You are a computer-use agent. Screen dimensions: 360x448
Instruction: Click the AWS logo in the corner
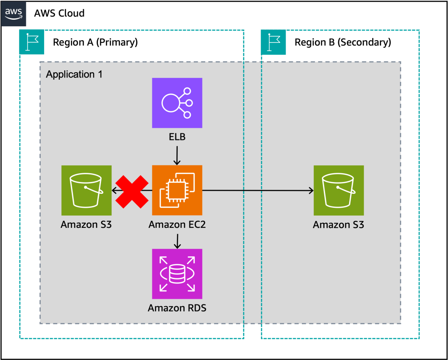pyautogui.click(x=14, y=14)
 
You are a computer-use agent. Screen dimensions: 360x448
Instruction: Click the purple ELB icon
pyautogui.click(x=177, y=103)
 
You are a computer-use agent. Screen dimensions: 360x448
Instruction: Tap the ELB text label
pyautogui.click(x=177, y=137)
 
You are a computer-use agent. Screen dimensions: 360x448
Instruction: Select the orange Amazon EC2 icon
pyautogui.click(x=177, y=190)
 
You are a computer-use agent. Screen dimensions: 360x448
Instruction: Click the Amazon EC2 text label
pyautogui.click(x=177, y=225)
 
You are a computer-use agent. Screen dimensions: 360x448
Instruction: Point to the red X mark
pyautogui.click(x=132, y=191)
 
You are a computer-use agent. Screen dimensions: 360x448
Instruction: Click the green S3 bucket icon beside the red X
pyautogui.click(x=87, y=190)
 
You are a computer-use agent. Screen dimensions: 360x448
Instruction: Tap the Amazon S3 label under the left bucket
pyautogui.click(x=87, y=225)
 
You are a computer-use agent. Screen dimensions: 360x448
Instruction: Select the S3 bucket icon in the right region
pyautogui.click(x=339, y=190)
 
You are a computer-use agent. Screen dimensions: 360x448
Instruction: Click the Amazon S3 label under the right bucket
pyautogui.click(x=339, y=225)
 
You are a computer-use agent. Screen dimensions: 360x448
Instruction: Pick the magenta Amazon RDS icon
pyautogui.click(x=177, y=274)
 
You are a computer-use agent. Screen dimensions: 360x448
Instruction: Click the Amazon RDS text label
pyautogui.click(x=177, y=308)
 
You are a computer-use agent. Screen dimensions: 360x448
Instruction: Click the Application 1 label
pyautogui.click(x=74, y=74)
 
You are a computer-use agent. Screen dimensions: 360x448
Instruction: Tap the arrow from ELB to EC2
pyautogui.click(x=177, y=155)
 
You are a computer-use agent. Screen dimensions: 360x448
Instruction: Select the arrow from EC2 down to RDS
pyautogui.click(x=177, y=241)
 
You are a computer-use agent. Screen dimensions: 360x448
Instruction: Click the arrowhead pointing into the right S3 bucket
pyautogui.click(x=311, y=190)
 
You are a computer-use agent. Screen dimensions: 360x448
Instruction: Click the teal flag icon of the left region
pyautogui.click(x=31, y=42)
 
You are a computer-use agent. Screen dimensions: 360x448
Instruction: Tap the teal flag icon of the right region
pyautogui.click(x=273, y=42)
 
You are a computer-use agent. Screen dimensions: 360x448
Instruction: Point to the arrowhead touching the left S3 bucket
pyautogui.click(x=114, y=190)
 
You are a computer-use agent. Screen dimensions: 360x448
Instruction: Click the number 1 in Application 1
pyautogui.click(x=100, y=74)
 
